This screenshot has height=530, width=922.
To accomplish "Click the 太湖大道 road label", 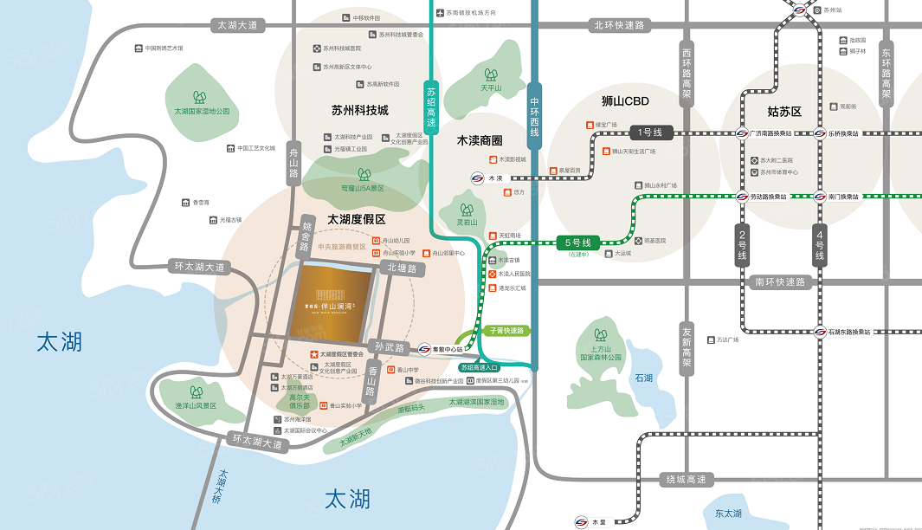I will pos(237,25).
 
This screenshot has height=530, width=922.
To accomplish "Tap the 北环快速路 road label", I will pos(618,25).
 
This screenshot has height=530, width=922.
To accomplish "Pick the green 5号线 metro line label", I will pos(577,243).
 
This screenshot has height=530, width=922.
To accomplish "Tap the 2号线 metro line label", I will pos(742,245).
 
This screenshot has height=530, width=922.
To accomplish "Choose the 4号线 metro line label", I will pos(820,245).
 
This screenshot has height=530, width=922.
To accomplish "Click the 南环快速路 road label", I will pos(779,282).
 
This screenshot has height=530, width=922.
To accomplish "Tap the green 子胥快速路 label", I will pos(507,330).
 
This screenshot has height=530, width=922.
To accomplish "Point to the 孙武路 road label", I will pos(390,347).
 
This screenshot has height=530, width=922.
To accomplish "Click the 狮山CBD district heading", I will pos(625,101).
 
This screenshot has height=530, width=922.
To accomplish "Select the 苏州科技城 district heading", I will pos(360,110).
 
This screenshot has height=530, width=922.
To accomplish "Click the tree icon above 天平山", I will pos(491,74).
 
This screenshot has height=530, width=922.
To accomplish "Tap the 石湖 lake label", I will pos(643,378).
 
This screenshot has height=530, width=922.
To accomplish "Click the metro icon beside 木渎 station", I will pos(477,178).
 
